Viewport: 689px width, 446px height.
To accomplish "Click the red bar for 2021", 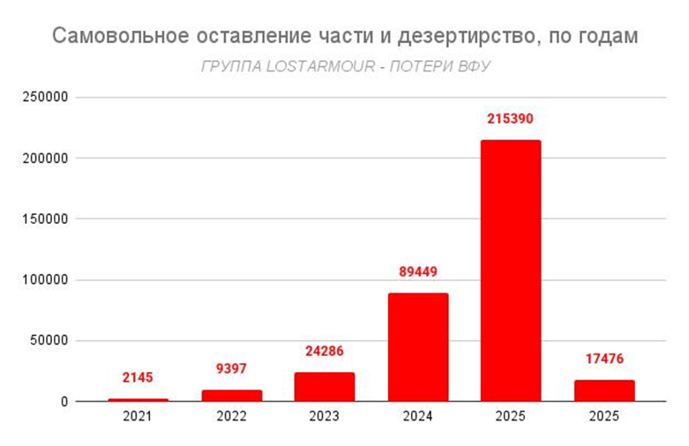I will (138, 400).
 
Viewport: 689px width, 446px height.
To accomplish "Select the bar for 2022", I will (232, 396).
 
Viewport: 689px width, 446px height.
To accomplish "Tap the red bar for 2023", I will (325, 387).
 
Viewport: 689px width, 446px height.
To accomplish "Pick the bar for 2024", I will (418, 347).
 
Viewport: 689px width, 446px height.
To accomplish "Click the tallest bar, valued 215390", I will (511, 271).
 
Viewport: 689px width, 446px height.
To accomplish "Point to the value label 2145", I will (138, 377).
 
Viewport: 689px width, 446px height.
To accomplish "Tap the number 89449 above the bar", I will (418, 271).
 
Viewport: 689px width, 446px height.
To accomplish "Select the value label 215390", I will (511, 118).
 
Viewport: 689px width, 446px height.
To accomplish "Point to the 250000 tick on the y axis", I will (46, 98).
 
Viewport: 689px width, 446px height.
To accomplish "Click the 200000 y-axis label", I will (46, 159).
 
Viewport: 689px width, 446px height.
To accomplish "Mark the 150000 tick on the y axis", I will (46, 219).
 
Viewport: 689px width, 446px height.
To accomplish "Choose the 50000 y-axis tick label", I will (49, 341).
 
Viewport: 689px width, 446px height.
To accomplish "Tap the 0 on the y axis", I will (64, 402).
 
